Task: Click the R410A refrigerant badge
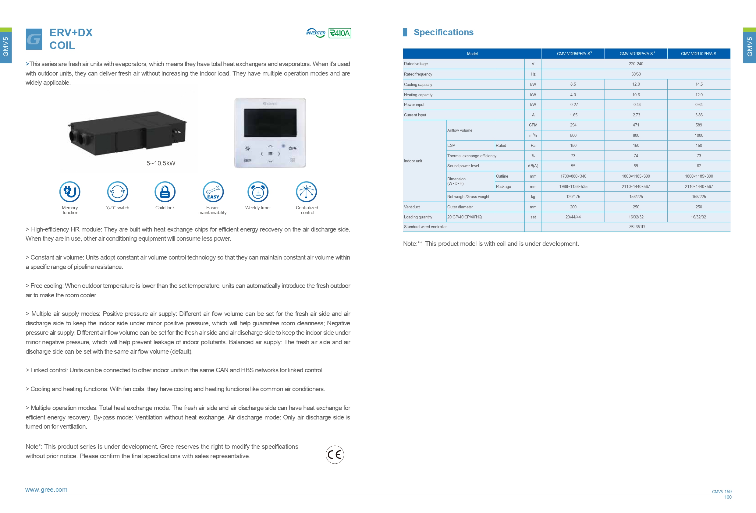[340, 33]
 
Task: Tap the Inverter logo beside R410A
[316, 33]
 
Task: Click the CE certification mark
[335, 455]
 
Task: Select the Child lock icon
[165, 192]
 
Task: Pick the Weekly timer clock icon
[258, 192]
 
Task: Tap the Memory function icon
[70, 192]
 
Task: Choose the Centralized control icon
[307, 192]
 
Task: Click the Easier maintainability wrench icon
[213, 192]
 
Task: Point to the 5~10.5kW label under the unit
[161, 163]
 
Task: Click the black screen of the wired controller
[270, 123]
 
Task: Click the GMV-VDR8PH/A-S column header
[636, 54]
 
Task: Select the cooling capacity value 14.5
[699, 84]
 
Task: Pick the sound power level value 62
[699, 166]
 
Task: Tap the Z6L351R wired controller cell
[637, 227]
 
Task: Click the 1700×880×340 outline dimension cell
[573, 176]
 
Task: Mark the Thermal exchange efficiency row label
[472, 156]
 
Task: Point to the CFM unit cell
[533, 125]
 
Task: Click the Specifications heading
[443, 32]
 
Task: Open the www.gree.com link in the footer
[46, 490]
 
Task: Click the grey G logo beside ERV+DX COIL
[34, 39]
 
